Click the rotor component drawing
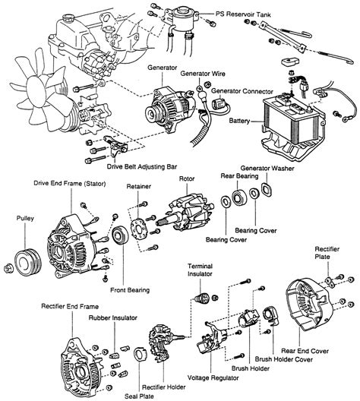click(185, 216)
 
